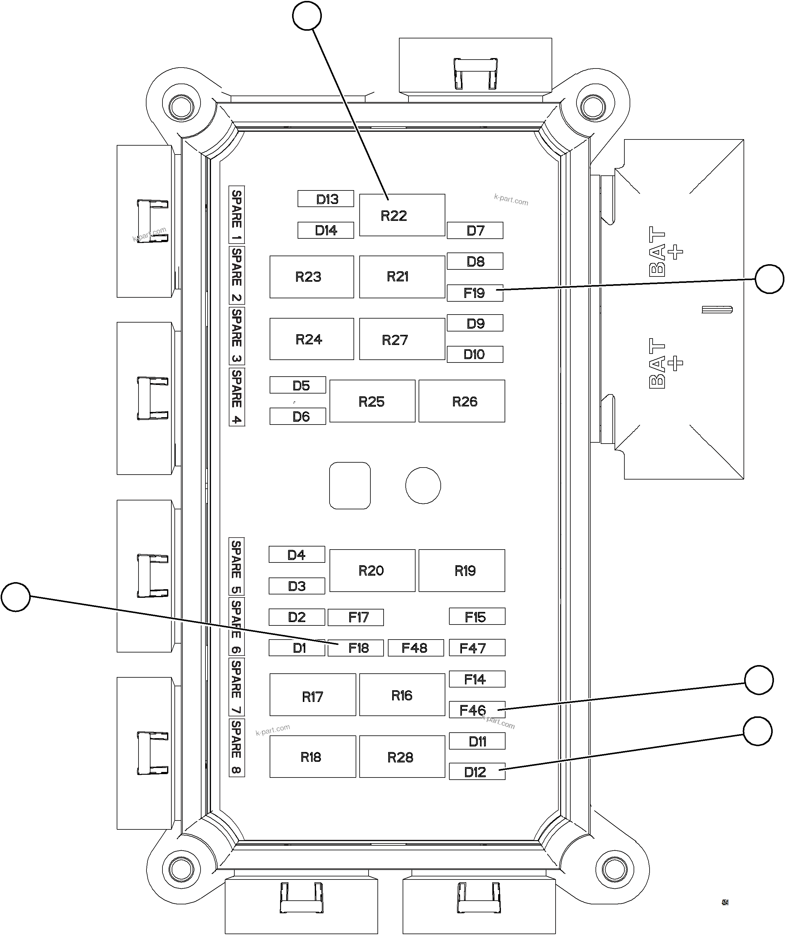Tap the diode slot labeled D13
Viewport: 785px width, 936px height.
(326, 199)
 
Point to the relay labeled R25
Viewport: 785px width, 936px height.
(372, 401)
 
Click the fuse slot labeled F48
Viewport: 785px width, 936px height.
(416, 648)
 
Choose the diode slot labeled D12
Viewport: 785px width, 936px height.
(477, 772)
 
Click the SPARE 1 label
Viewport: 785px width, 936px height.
(236, 214)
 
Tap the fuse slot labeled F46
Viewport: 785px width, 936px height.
(477, 710)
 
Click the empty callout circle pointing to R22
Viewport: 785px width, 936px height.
(307, 16)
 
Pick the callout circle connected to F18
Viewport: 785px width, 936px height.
(16, 597)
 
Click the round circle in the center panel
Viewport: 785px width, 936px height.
(423, 485)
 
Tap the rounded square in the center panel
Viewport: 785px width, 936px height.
(350, 485)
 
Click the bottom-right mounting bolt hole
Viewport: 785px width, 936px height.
(614, 869)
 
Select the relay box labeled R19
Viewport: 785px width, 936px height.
(462, 570)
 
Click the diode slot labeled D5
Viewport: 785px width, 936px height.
(298, 385)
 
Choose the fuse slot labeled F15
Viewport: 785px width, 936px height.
(477, 617)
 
